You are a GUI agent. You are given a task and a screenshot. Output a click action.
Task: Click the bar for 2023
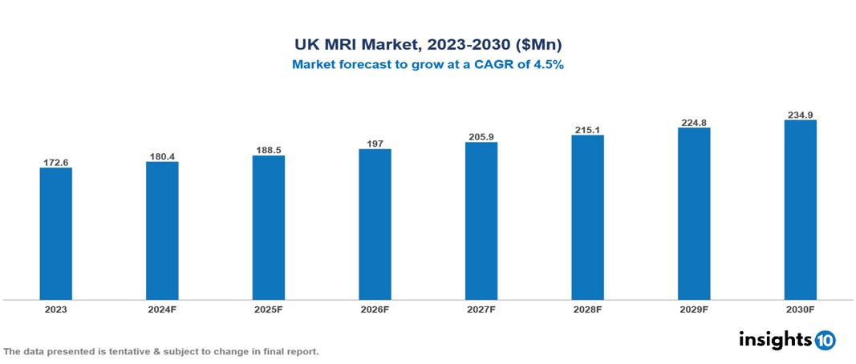pyautogui.click(x=56, y=233)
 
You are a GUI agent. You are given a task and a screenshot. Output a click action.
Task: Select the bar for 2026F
pyautogui.click(x=375, y=224)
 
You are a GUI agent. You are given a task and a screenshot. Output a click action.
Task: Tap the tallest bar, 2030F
pyautogui.click(x=800, y=209)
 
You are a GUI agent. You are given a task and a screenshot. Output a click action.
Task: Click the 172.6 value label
pyautogui.click(x=56, y=163)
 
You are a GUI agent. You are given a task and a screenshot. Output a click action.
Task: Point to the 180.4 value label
pyautogui.click(x=162, y=156)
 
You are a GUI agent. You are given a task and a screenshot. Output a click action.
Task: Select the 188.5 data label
pyautogui.click(x=269, y=150)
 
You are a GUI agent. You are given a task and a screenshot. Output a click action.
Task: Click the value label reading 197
pyautogui.click(x=375, y=144)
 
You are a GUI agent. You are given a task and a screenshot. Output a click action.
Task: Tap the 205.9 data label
pyautogui.click(x=481, y=137)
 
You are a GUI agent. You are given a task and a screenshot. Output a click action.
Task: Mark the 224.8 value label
pyautogui.click(x=694, y=123)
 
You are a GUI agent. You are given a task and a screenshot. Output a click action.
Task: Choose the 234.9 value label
pyautogui.click(x=800, y=115)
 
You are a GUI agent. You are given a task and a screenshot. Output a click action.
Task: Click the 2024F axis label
pyautogui.click(x=162, y=309)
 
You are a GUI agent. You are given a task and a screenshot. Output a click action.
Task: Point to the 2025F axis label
pyautogui.click(x=269, y=309)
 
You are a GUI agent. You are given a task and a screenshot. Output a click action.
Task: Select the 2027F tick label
pyautogui.click(x=481, y=309)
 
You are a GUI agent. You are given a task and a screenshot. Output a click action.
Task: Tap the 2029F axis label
pyautogui.click(x=694, y=309)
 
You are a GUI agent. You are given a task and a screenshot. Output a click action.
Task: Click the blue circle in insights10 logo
pyautogui.click(x=825, y=340)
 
